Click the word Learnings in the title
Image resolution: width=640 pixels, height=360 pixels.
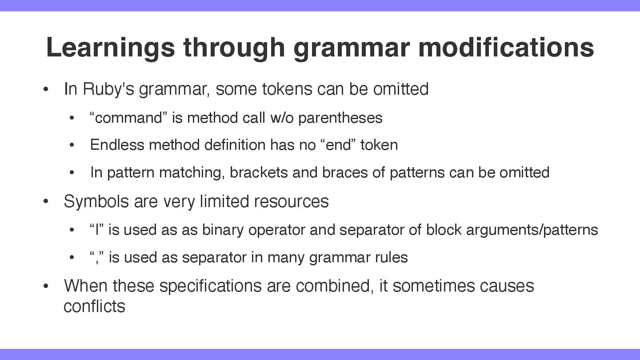click(x=110, y=48)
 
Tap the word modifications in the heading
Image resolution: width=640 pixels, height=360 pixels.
click(x=506, y=47)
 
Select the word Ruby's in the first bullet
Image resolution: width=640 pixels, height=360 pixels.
click(x=108, y=89)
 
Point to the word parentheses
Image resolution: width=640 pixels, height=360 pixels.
click(x=340, y=118)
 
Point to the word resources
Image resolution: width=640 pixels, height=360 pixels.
click(x=292, y=202)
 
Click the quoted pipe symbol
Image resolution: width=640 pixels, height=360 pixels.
click(x=96, y=229)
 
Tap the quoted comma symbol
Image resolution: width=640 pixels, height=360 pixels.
click(x=96, y=257)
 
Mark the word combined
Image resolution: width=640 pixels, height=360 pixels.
click(x=335, y=286)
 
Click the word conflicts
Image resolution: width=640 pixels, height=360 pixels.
click(x=94, y=306)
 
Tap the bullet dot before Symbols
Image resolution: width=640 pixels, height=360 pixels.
click(x=46, y=201)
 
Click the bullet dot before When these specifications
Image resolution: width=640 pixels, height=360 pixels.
click(x=46, y=286)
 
